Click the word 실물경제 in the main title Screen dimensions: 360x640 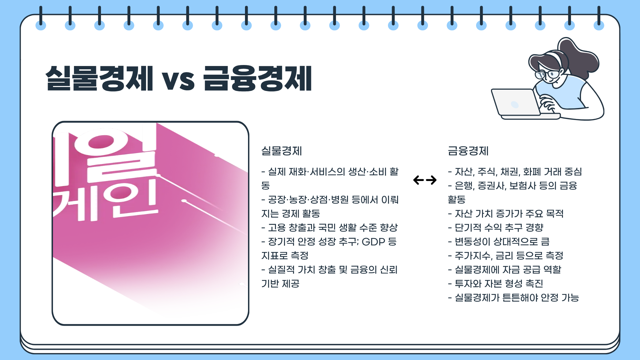pyautogui.click(x=99, y=79)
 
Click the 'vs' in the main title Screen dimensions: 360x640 pyautogui.click(x=178, y=80)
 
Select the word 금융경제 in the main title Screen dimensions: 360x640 pyautogui.click(x=258, y=79)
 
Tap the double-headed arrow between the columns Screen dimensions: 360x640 pyautogui.click(x=425, y=180)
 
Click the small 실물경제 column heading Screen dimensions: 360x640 pyautogui.click(x=281, y=151)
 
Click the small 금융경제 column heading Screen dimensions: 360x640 pyautogui.click(x=468, y=151)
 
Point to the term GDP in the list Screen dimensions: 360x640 pyautogui.click(x=373, y=242)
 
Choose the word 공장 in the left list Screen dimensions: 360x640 pyautogui.click(x=277, y=200)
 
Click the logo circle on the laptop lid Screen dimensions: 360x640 pyautogui.click(x=515, y=105)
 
